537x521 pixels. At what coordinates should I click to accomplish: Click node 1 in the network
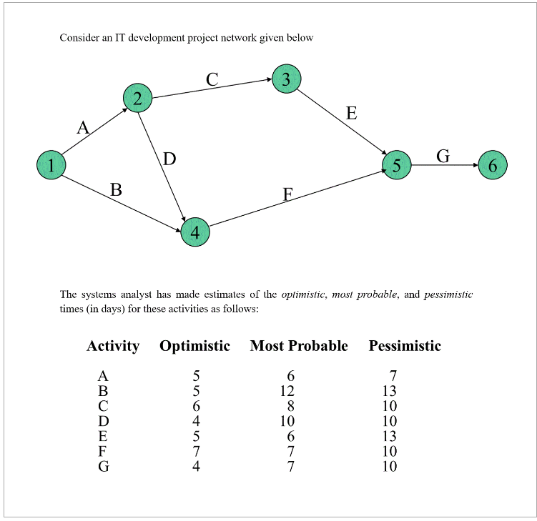tap(51, 165)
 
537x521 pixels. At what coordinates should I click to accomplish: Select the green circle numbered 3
tap(286, 79)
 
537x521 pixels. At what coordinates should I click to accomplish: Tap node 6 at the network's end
tap(492, 165)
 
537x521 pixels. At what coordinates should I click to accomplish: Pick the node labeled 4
tap(195, 232)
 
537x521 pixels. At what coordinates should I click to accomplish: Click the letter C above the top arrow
tap(212, 80)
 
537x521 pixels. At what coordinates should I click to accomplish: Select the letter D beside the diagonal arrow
tap(169, 159)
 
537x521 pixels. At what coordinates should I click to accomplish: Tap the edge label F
tap(287, 194)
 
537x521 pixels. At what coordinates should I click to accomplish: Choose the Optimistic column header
tap(194, 346)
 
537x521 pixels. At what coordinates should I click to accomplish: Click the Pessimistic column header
tap(405, 346)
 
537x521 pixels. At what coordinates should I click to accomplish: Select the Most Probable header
tap(299, 346)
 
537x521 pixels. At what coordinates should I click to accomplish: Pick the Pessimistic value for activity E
tap(389, 436)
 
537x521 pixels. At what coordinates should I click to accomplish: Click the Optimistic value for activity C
tap(195, 406)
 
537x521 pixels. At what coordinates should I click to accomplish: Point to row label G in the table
tap(103, 467)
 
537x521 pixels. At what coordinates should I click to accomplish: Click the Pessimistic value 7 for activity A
tap(393, 376)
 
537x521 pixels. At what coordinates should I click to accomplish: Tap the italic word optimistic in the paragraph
tap(303, 294)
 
